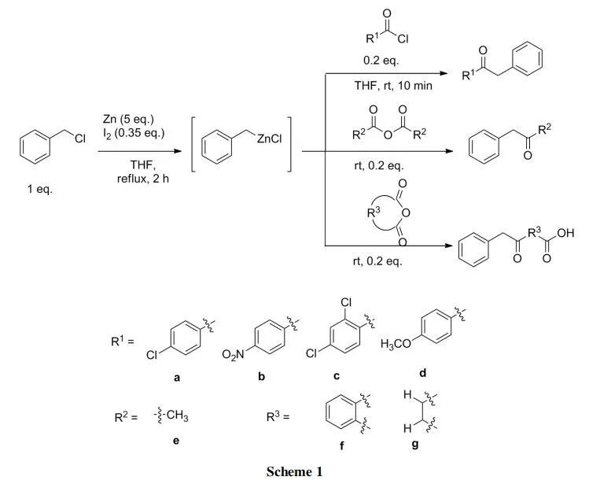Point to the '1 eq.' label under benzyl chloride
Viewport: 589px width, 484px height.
coord(39,190)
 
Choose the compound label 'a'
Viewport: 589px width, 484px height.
coord(177,378)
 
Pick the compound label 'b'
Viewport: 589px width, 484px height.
coord(261,377)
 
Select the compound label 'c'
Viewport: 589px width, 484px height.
coord(337,377)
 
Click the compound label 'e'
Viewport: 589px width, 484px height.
coord(176,441)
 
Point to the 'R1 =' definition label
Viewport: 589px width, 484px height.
coord(123,342)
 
